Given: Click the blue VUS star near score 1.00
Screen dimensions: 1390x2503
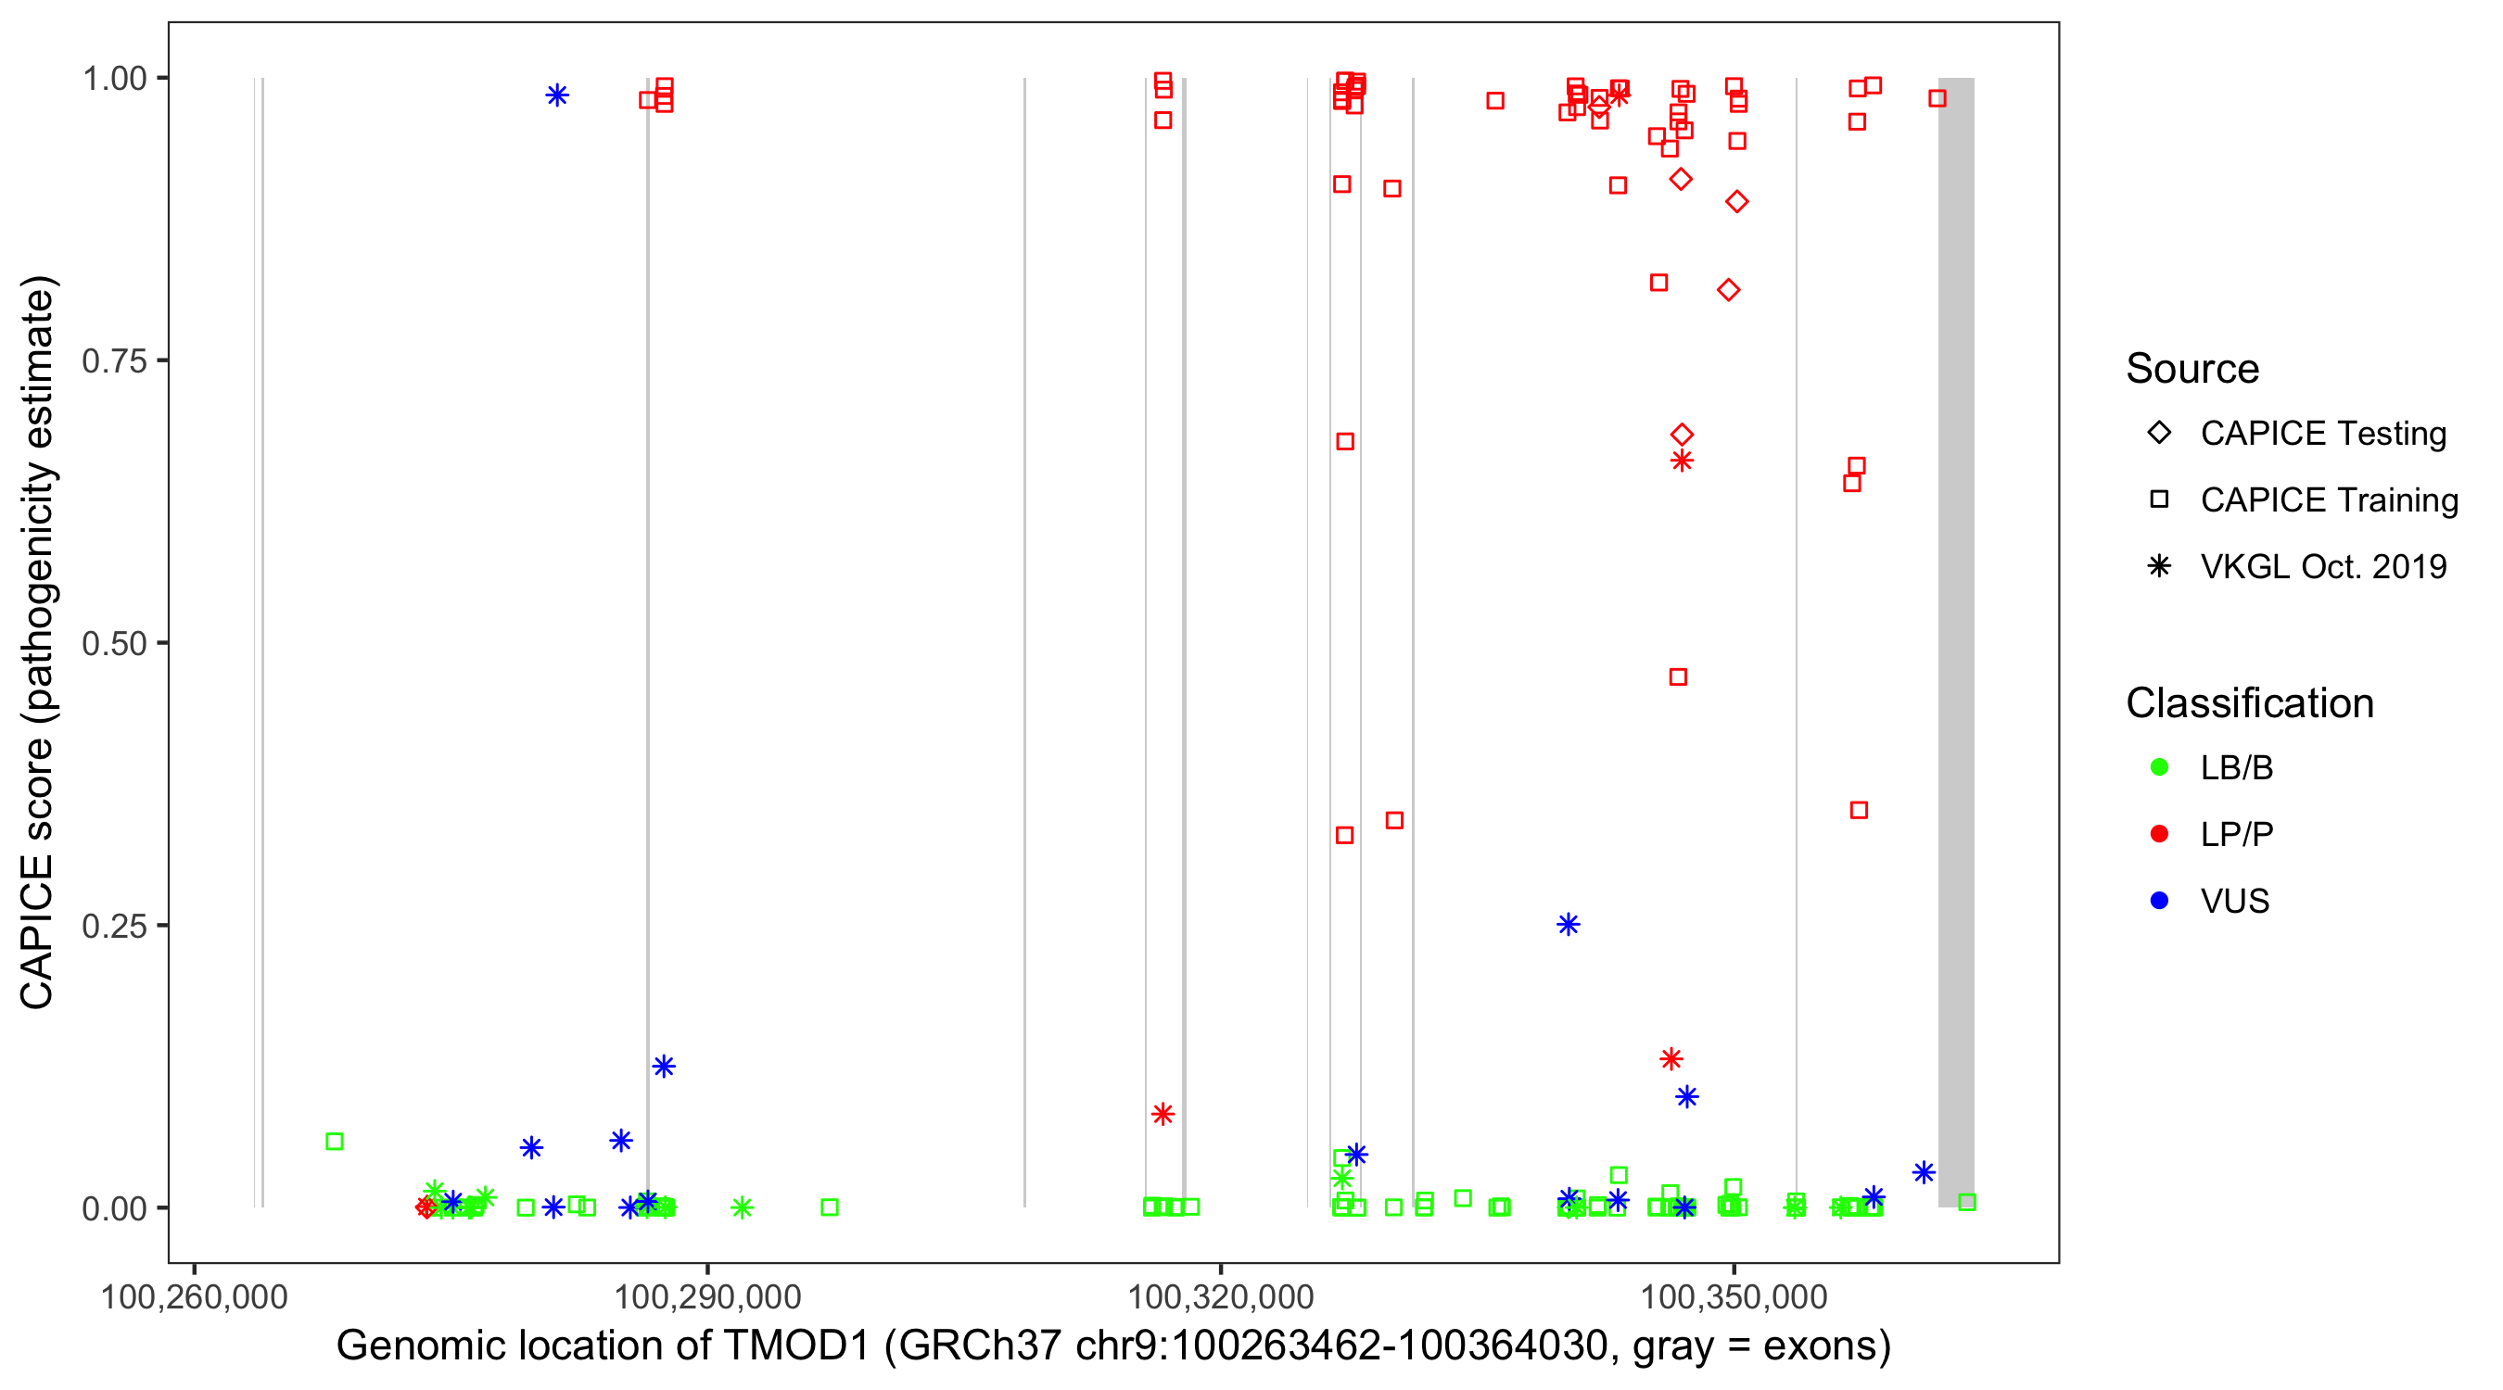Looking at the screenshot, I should pos(557,95).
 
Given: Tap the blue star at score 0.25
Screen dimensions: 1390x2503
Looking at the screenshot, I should pos(1569,924).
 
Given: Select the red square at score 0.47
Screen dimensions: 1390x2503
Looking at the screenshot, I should pos(1678,676).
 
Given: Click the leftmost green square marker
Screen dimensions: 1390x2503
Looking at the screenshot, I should pos(335,1142).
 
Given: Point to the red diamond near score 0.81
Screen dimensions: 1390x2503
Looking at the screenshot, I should pos(1728,289).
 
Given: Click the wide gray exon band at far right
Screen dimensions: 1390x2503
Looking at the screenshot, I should pos(1956,641).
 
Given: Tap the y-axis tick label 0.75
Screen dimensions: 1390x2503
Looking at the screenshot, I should pos(113,361).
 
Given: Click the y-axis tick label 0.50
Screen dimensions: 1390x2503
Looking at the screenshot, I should pos(113,643).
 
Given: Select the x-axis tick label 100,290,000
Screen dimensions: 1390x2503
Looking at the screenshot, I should pos(707,1296).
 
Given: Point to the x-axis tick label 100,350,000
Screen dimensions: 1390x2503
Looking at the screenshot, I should pos(1734,1296).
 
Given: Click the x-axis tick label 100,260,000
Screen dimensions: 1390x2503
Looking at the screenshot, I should pos(195,1296).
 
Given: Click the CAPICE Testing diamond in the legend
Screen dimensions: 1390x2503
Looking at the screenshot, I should pos(2159,432).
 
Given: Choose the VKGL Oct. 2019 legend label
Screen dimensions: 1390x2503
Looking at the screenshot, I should pos(2323,566).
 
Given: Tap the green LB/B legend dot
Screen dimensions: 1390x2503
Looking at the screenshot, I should pos(2159,767).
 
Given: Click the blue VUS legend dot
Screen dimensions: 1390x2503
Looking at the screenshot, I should pos(2159,901).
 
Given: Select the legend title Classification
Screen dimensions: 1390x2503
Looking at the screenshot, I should pos(2249,703).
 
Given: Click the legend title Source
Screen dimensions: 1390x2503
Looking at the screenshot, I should pos(2192,369).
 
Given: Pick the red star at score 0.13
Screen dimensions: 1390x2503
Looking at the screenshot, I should pos(1671,1059).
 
